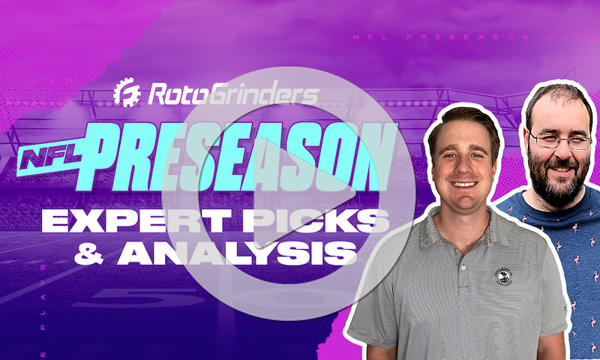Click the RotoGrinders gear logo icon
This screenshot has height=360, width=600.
coord(127,93)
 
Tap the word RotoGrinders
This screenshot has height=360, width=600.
coord(232,93)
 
